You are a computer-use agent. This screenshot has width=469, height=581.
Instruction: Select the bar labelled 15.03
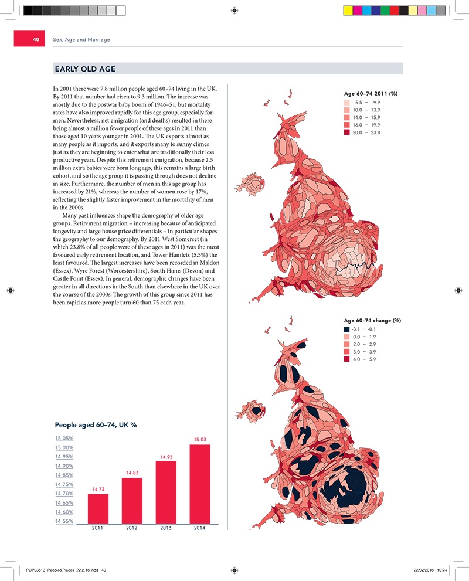[x=200, y=484]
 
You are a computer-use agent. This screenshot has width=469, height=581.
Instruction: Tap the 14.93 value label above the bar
[x=166, y=457]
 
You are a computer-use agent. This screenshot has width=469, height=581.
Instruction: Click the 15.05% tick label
[x=63, y=438]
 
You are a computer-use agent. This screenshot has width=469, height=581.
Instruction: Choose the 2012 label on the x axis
[x=132, y=528]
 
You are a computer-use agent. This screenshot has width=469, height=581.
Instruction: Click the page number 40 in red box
[x=35, y=40]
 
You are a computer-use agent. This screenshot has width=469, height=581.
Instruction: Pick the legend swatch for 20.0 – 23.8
[x=348, y=133]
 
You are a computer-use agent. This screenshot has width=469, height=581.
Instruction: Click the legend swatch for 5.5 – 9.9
[x=348, y=102]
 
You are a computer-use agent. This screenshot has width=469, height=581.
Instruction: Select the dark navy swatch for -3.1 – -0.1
[x=348, y=329]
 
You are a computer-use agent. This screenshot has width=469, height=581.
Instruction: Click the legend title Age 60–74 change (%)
[x=372, y=321]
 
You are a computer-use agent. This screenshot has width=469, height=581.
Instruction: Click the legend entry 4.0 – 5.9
[x=365, y=359]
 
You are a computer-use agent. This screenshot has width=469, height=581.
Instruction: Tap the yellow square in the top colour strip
[x=348, y=11]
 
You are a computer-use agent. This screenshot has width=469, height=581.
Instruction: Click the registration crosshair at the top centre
[x=234, y=11]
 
